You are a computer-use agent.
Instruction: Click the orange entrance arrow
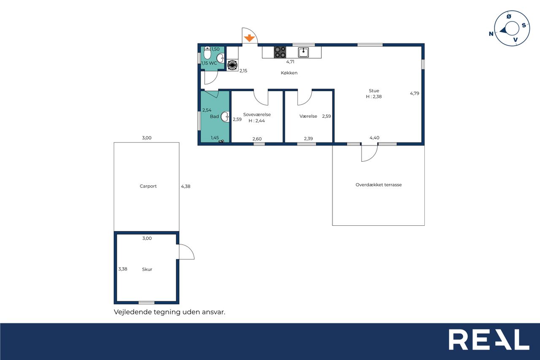coord(249,38)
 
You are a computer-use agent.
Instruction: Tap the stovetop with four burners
coord(280,52)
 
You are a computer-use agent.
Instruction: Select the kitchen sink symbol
coord(303,52)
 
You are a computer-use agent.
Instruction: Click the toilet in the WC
coord(207,53)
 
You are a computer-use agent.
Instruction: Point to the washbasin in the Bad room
coord(225,117)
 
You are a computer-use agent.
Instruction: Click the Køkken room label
coord(289,73)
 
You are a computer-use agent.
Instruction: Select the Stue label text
coord(374,91)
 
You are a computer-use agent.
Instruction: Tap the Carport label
coord(148,186)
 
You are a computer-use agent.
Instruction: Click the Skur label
coord(147,269)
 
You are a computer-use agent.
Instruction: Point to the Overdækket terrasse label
coord(378,185)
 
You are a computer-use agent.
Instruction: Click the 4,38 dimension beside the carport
coord(186,187)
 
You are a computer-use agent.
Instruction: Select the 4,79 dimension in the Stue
coord(414,93)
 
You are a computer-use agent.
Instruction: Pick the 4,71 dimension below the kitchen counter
coord(290,62)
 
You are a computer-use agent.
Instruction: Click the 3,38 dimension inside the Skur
coord(123,269)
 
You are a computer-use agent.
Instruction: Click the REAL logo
coord(489,340)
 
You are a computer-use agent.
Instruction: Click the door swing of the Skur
coord(189,249)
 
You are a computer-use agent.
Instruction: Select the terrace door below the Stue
coord(369,153)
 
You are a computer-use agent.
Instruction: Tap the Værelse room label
coord(308,116)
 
